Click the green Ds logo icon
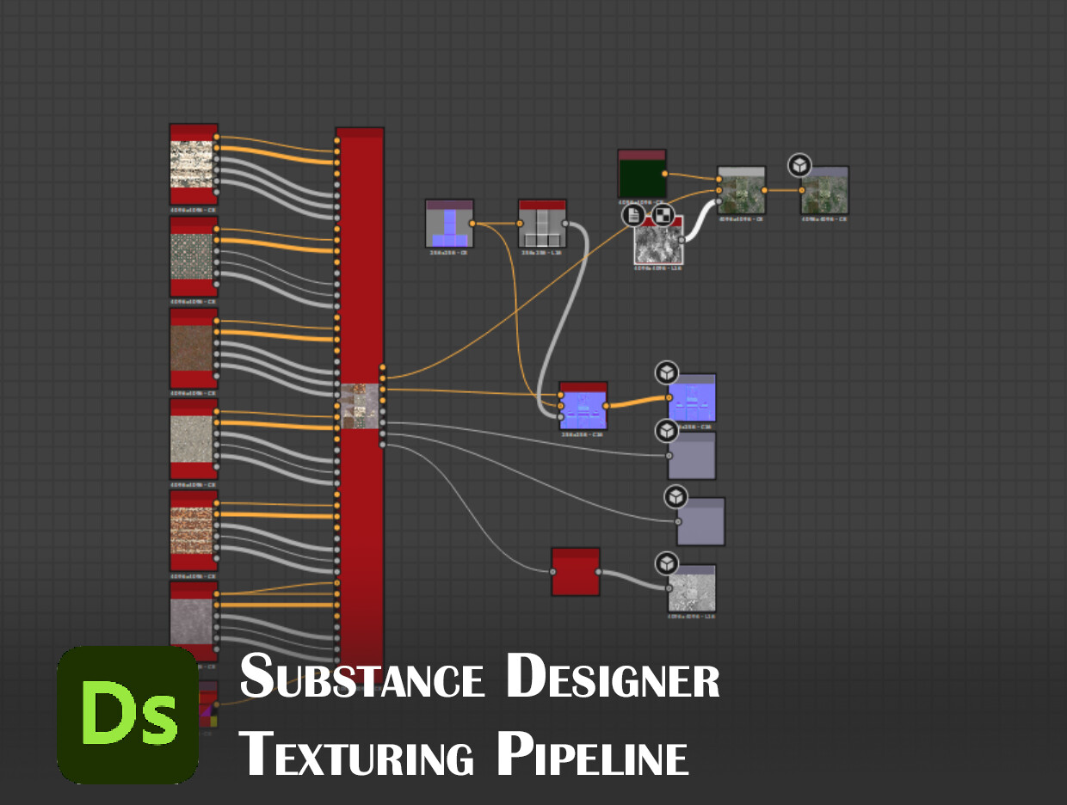[x=127, y=715]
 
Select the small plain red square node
[x=575, y=572]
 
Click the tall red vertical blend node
[x=360, y=258]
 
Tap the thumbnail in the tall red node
[x=360, y=406]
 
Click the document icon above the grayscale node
[x=634, y=215]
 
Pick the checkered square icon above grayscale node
[x=662, y=215]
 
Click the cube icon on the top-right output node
[x=800, y=165]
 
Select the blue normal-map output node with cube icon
[x=693, y=399]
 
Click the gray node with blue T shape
[x=449, y=224]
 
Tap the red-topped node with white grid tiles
[x=542, y=224]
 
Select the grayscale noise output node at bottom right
[x=692, y=589]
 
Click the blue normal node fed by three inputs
[x=583, y=407]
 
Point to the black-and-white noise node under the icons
[x=657, y=243]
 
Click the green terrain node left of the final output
[x=741, y=191]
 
